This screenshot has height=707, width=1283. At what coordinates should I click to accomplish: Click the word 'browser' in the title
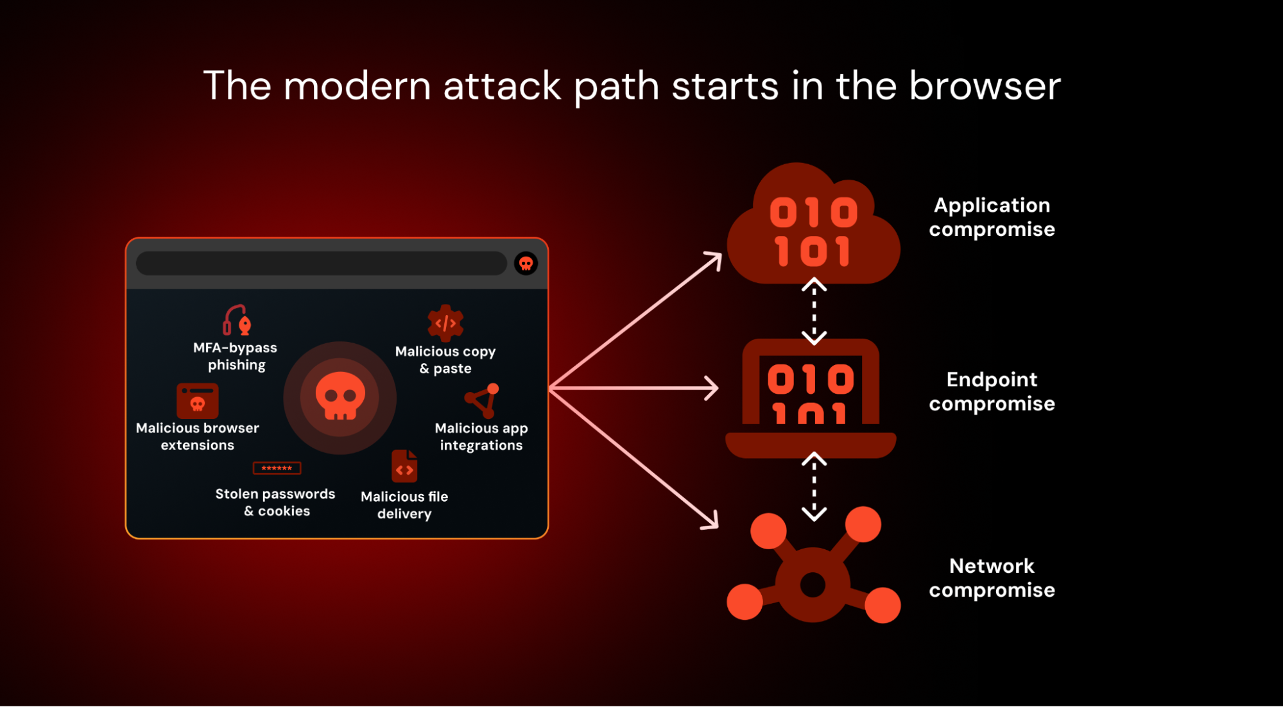pos(985,86)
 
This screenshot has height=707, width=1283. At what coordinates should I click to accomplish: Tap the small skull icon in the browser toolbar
pos(526,263)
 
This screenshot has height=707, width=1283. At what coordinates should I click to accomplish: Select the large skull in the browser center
pos(340,396)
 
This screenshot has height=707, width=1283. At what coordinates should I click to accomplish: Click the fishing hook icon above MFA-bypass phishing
pos(237,319)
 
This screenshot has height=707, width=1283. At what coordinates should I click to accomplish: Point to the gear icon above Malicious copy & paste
pos(445,323)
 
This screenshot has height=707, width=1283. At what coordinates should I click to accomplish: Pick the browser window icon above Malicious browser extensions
pos(198,400)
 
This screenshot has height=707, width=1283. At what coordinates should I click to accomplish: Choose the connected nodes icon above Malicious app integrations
pos(483,400)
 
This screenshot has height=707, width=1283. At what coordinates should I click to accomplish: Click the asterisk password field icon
pos(277,468)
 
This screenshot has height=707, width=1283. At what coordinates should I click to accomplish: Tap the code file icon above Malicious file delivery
pos(404,466)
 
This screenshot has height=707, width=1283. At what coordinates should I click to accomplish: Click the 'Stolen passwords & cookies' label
pos(275,502)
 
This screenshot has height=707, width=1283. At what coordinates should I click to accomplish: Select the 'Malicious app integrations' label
pos(481,436)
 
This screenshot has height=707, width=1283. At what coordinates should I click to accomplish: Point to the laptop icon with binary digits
pos(811,398)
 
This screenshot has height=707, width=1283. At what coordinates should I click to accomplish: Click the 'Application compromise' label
pos(992,217)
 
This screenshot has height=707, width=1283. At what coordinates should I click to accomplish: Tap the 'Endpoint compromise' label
pos(992,391)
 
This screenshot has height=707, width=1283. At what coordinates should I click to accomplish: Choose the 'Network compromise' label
pos(992,578)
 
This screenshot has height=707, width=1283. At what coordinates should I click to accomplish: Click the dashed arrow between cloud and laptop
pos(814,312)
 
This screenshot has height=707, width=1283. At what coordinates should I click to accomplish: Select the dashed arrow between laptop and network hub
pos(814,486)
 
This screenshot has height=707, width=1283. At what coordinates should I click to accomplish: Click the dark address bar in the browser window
pos(321,264)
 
